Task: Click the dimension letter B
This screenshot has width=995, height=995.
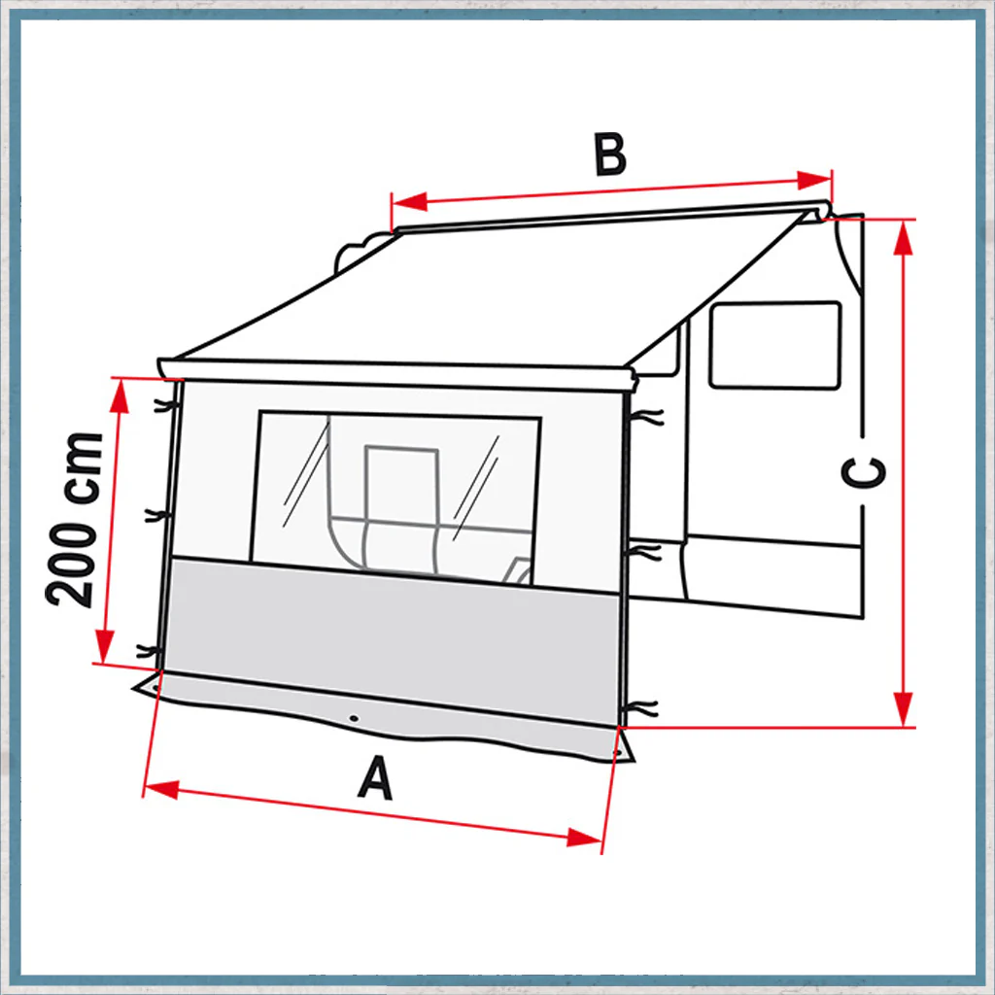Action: click(610, 154)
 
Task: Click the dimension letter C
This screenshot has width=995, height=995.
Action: click(863, 472)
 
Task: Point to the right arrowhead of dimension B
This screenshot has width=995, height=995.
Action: click(814, 180)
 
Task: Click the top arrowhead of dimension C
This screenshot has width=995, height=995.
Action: click(903, 237)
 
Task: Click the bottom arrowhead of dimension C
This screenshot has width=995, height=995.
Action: click(903, 708)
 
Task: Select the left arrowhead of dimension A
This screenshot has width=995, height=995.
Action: click(161, 790)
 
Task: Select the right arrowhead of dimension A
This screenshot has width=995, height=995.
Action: click(584, 837)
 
